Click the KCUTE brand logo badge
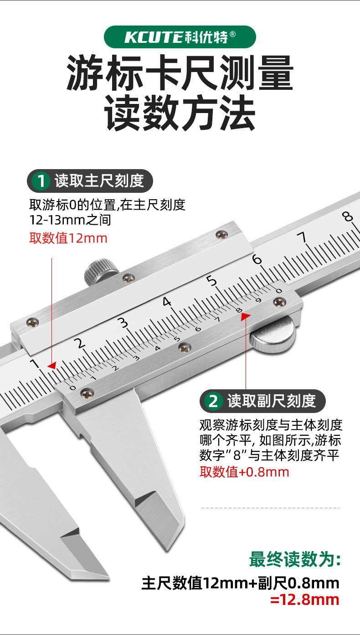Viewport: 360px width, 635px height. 180,37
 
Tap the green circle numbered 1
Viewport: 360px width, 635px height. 41,181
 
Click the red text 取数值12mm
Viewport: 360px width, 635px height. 68,238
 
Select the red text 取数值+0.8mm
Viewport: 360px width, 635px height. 244,472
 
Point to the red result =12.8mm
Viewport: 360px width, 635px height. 304,599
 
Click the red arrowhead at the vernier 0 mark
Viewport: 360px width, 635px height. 52,366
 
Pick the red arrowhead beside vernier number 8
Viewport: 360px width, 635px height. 246,315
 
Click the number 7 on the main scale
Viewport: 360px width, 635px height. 301,237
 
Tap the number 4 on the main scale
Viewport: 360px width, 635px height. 167,302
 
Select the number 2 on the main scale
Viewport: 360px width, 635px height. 80,343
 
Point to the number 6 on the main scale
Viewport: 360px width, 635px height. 257,259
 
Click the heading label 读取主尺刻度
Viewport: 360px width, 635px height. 99,181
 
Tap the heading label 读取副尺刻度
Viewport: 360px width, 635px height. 272,402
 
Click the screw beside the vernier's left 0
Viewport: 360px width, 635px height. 86,392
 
